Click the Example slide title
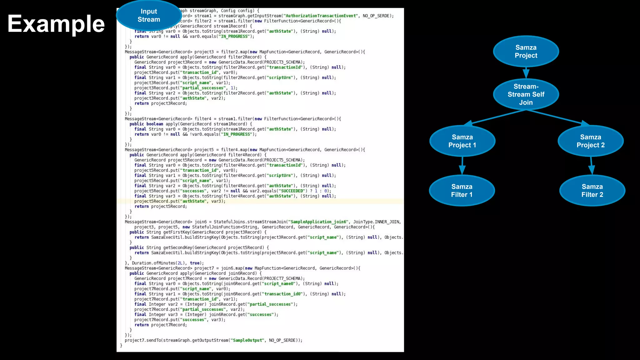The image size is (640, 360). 56,24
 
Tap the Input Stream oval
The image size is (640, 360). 149,16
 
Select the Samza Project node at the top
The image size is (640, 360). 526,52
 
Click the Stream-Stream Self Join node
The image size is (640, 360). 526,94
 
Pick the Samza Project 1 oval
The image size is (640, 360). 462,141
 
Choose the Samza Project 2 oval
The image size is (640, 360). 591,141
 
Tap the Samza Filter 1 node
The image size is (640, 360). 462,191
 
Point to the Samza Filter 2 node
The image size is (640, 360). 592,191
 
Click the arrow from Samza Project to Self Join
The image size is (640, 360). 526,73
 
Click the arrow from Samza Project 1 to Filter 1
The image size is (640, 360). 462,166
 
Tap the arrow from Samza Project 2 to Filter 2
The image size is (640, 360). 591,166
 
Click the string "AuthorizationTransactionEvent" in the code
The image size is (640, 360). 321,16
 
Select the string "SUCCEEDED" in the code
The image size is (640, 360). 292,191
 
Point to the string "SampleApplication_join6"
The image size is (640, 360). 318,222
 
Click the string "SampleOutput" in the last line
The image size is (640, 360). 248,340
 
